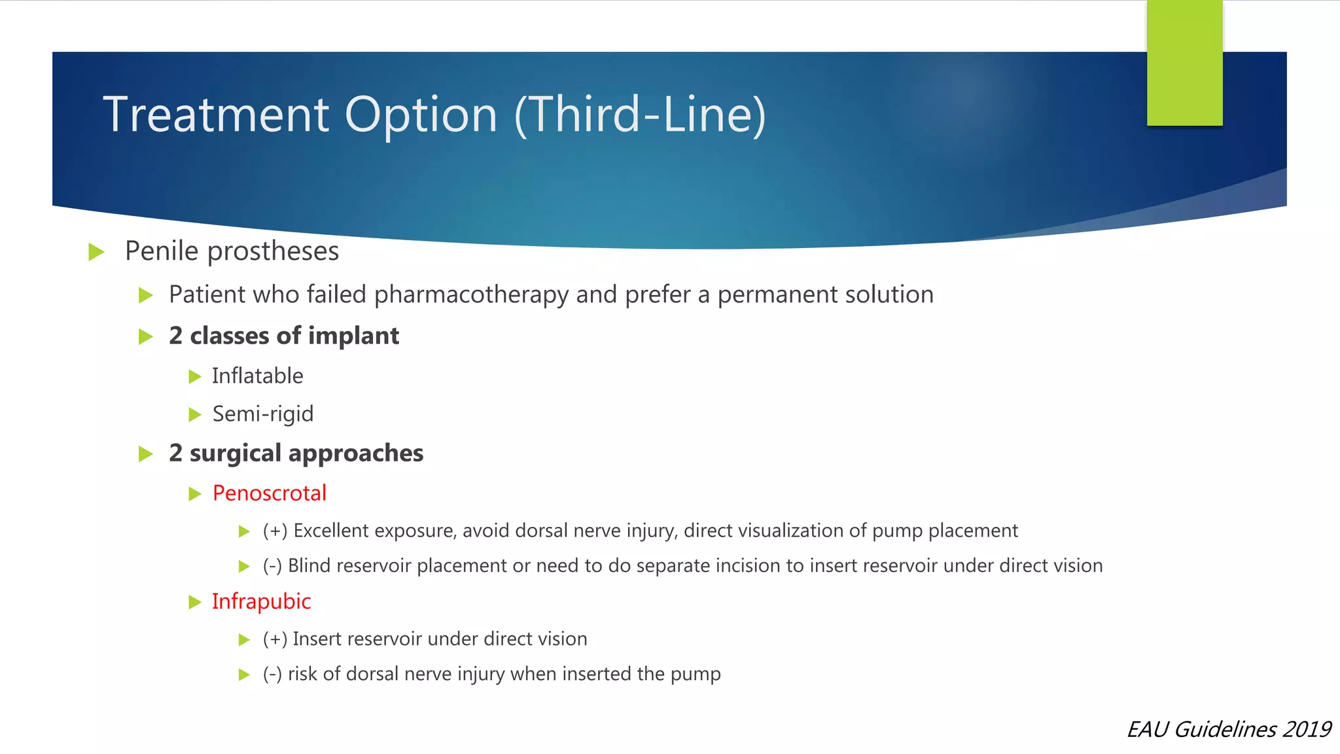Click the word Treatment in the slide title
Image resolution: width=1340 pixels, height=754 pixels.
coord(216,115)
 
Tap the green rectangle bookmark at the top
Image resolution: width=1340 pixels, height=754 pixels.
coord(1184,62)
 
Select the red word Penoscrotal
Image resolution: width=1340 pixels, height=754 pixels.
coord(269,494)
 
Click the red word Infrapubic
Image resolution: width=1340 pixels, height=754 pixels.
coord(261,601)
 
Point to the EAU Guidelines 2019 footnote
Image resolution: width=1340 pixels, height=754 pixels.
coord(1228,729)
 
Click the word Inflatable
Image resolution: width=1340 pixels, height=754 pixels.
coord(257,376)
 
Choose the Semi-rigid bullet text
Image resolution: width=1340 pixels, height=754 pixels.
coord(262,414)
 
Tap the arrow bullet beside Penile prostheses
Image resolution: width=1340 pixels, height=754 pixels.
coord(97,252)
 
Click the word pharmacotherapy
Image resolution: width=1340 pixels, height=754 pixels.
coord(471,295)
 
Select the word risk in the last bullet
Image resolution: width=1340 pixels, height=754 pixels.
coord(302,674)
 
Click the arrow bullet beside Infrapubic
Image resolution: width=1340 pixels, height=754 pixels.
coord(194,602)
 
